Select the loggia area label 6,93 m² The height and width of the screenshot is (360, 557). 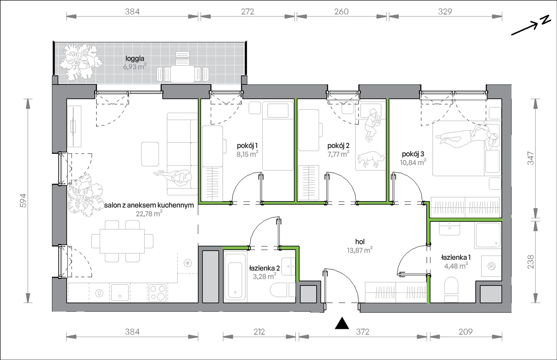tap(135, 67)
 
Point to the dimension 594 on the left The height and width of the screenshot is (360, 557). tap(23, 201)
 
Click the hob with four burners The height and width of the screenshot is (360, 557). tap(157, 293)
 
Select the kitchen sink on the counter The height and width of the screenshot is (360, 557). tap(120, 293)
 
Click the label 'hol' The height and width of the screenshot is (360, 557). tap(360, 242)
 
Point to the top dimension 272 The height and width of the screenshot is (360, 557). tap(247, 11)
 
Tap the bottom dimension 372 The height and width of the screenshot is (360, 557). tap(363, 332)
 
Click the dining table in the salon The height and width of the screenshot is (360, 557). tap(122, 241)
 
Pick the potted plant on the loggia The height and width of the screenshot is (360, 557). tap(81, 62)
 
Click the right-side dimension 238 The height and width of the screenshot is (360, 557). tap(531, 262)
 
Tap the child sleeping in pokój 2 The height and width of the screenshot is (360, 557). tap(372, 125)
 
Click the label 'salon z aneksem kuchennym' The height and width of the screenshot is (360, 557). tap(149, 205)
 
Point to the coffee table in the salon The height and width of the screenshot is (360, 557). tap(150, 154)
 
